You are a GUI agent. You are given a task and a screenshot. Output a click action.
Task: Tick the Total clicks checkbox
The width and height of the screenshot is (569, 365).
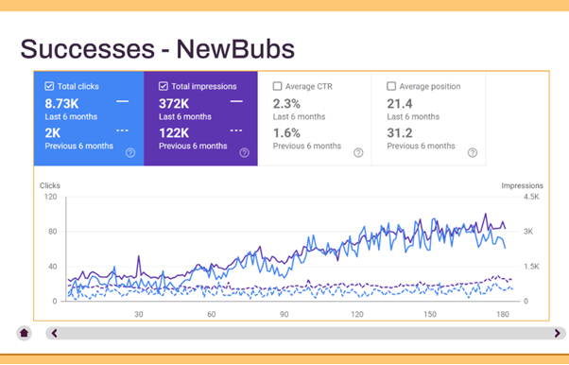(x=49, y=86)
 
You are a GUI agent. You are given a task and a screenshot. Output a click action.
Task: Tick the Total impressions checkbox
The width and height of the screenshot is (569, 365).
(x=163, y=86)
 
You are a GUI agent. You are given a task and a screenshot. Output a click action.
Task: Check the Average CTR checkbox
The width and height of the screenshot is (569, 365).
(x=277, y=86)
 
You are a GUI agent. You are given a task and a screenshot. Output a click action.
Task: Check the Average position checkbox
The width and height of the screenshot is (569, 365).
(x=391, y=86)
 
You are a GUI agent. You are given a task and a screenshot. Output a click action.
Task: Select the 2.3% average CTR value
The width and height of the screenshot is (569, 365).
(x=287, y=102)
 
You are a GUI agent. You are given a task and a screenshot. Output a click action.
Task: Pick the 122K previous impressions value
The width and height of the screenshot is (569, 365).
(x=175, y=132)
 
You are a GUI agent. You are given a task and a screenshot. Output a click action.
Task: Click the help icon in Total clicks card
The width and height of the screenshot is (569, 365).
(x=129, y=152)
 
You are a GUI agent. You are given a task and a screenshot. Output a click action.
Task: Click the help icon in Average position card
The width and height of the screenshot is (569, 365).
(x=472, y=152)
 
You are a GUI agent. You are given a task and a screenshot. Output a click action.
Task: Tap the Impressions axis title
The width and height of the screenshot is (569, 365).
(x=521, y=185)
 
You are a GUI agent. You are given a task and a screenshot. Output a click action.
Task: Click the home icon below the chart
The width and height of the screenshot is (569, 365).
(x=24, y=333)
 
